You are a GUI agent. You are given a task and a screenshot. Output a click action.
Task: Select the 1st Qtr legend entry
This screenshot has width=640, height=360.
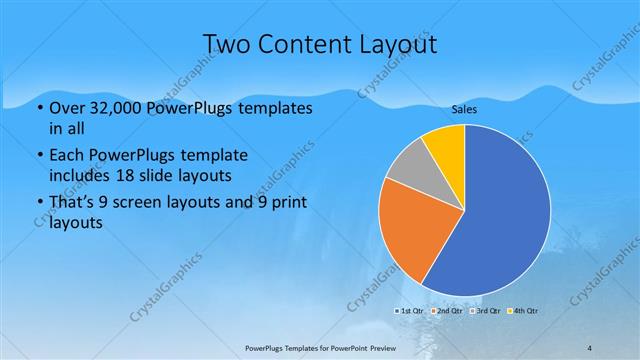coord(410,311)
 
